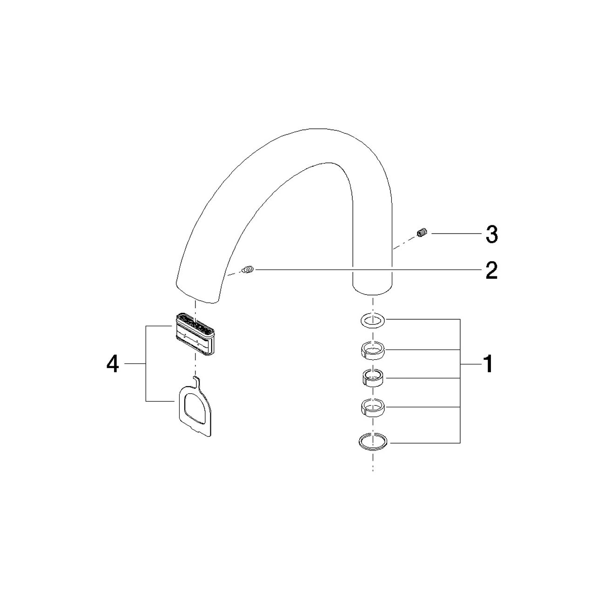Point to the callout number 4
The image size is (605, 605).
point(113,364)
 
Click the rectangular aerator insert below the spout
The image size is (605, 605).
point(195,334)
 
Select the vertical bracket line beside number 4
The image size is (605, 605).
point(146,363)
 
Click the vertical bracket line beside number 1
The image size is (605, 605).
point(460,381)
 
